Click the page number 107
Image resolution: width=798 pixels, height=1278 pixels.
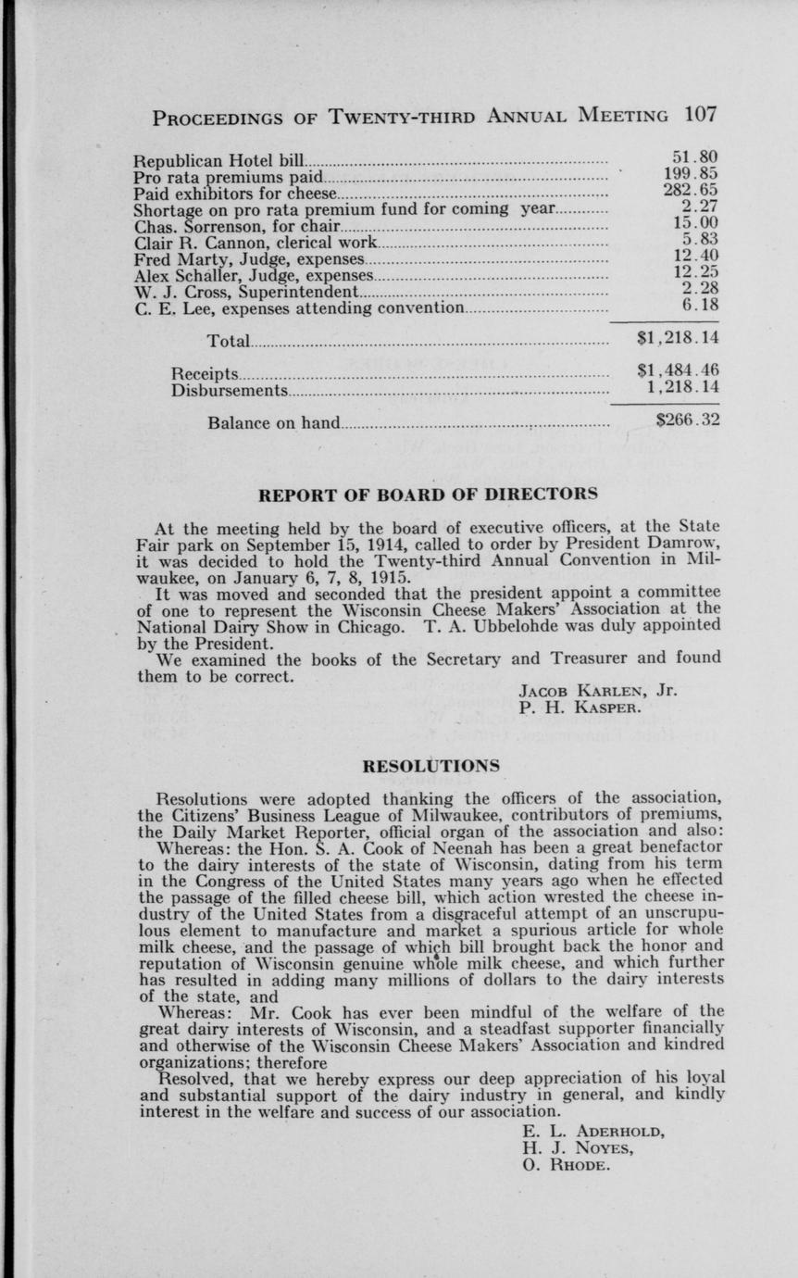702,116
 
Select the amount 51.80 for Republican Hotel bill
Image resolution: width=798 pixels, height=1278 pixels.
695,157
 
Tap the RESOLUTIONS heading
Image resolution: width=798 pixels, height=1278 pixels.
430,766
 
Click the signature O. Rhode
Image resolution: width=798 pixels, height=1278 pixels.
567,1165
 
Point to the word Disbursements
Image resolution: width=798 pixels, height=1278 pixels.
229,390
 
